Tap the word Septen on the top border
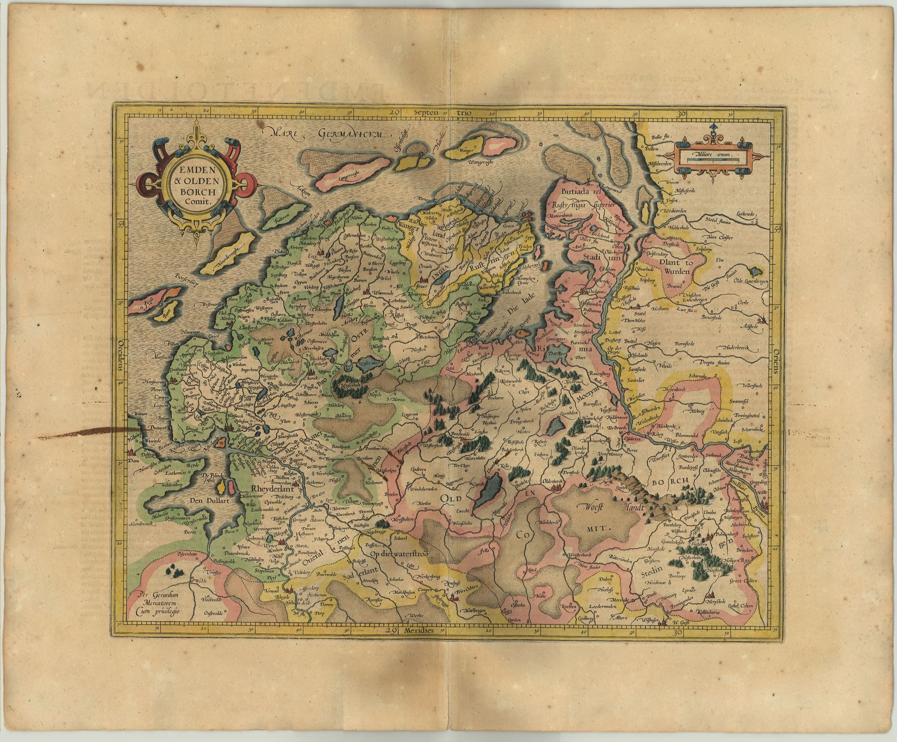(x=428, y=113)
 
